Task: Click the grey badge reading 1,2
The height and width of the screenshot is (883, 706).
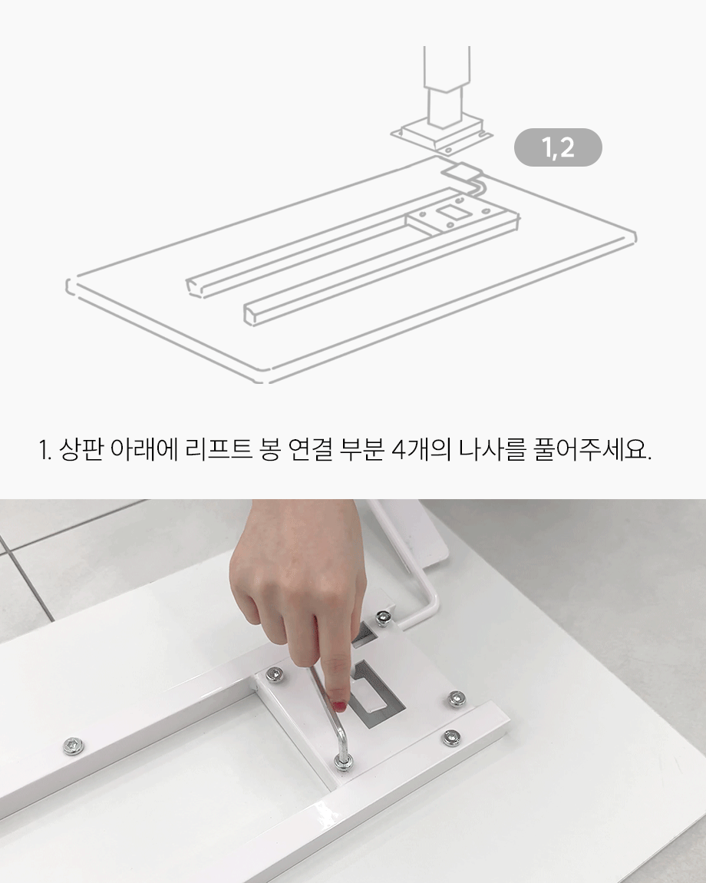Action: [558, 147]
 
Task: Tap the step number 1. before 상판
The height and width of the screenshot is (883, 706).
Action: [45, 451]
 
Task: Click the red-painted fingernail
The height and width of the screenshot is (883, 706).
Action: [339, 705]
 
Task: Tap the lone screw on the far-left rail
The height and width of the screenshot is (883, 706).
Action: [73, 746]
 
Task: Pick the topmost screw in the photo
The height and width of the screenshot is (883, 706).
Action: [383, 618]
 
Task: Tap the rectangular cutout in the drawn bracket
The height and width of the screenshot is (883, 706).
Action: [451, 212]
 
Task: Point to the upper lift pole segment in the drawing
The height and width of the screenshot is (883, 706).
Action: [447, 66]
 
